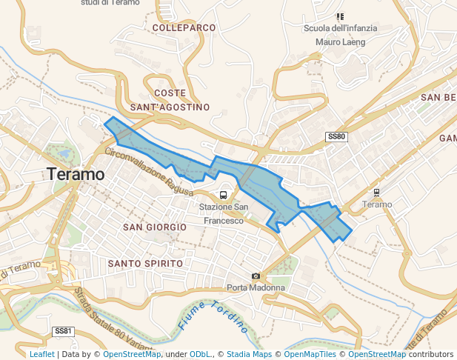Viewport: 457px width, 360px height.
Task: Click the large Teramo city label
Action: coord(75,175)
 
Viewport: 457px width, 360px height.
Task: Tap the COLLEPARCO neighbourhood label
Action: coord(184,27)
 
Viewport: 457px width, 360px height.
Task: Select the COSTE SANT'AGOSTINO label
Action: coord(170,100)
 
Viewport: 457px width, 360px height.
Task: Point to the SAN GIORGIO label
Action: coord(155,226)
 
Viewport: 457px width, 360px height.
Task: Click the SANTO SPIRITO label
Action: coord(145,263)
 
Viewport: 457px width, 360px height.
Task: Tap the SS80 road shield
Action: coord(336,137)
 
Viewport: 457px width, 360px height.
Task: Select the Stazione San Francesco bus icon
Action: coord(223,194)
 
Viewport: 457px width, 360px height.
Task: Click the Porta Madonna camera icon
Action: coord(256,276)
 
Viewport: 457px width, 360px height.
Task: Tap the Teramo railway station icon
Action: coord(377,193)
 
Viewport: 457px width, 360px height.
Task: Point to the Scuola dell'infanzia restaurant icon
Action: coord(340,16)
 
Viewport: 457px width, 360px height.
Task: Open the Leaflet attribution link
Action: coord(41,354)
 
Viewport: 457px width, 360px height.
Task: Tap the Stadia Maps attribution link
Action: coord(249,354)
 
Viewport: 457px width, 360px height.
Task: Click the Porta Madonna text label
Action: coord(256,287)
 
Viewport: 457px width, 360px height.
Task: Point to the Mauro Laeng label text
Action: coord(341,42)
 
